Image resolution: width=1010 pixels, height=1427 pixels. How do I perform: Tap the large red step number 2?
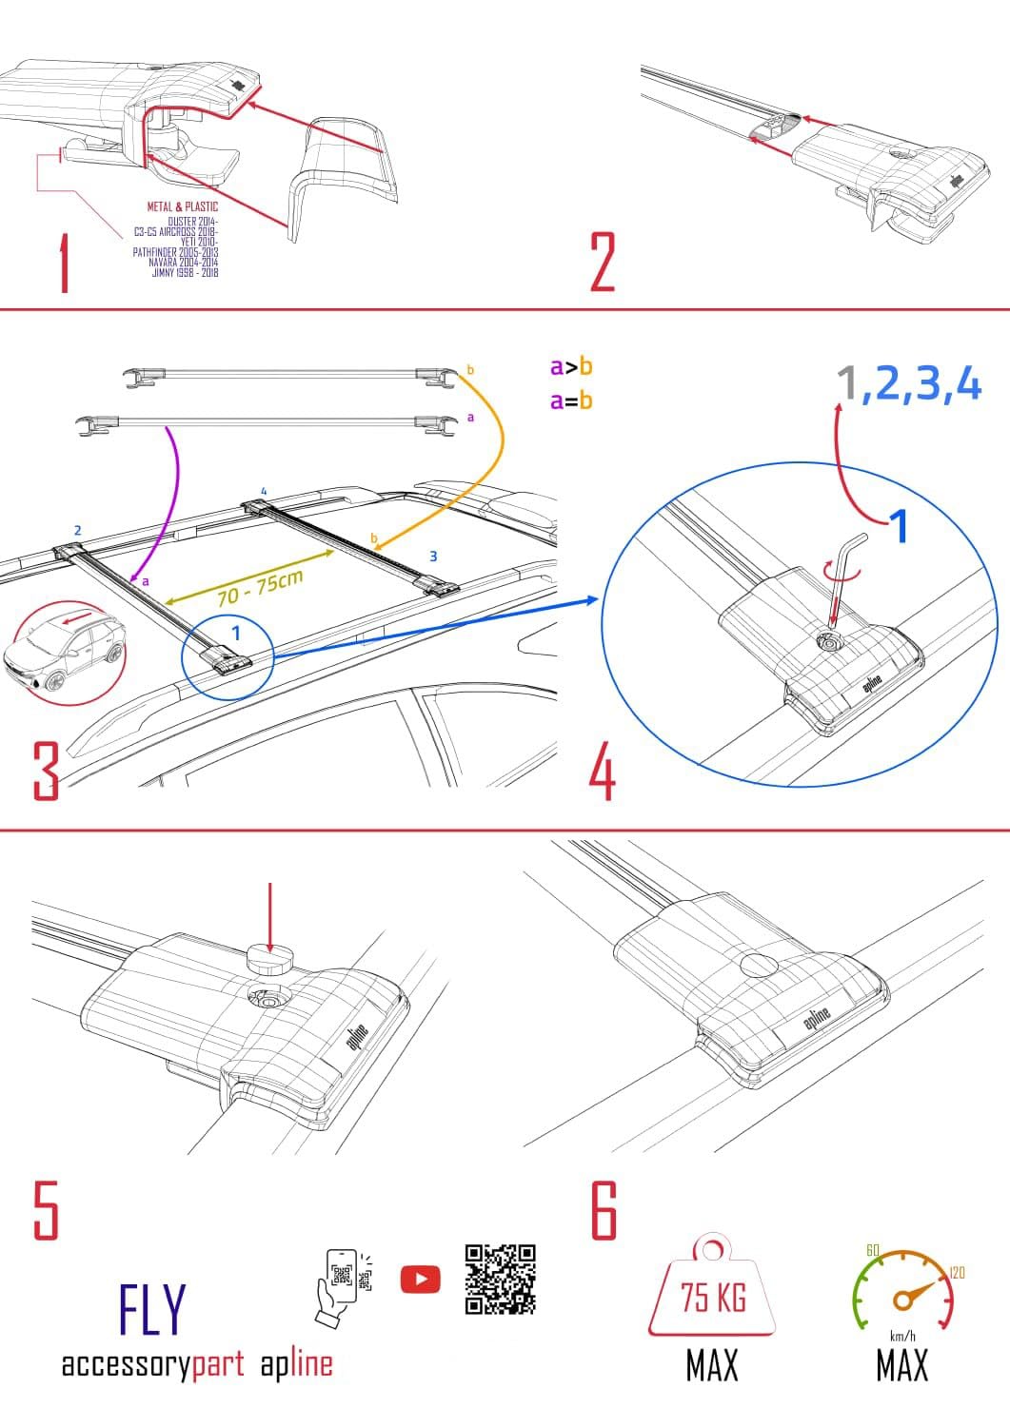[603, 262]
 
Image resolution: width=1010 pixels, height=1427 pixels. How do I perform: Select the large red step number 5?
[46, 1210]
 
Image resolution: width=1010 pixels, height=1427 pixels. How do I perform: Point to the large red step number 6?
[604, 1210]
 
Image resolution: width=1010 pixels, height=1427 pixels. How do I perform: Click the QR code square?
[500, 1279]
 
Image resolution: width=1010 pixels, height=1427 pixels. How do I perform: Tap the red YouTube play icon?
[420, 1280]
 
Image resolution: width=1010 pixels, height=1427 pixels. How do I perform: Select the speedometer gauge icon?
[901, 1289]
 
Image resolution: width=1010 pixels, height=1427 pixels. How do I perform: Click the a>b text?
[571, 366]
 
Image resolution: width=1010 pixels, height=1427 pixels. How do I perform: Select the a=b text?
[571, 401]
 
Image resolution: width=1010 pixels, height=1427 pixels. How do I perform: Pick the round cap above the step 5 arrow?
[270, 960]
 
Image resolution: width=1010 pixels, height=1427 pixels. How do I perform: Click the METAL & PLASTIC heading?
[182, 206]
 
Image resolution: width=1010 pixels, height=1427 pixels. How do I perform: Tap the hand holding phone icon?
[340, 1284]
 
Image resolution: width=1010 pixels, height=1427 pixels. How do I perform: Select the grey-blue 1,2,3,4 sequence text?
[908, 384]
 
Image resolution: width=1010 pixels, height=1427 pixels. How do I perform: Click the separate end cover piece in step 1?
[343, 171]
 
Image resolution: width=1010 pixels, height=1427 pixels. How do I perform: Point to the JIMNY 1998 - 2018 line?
[185, 273]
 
